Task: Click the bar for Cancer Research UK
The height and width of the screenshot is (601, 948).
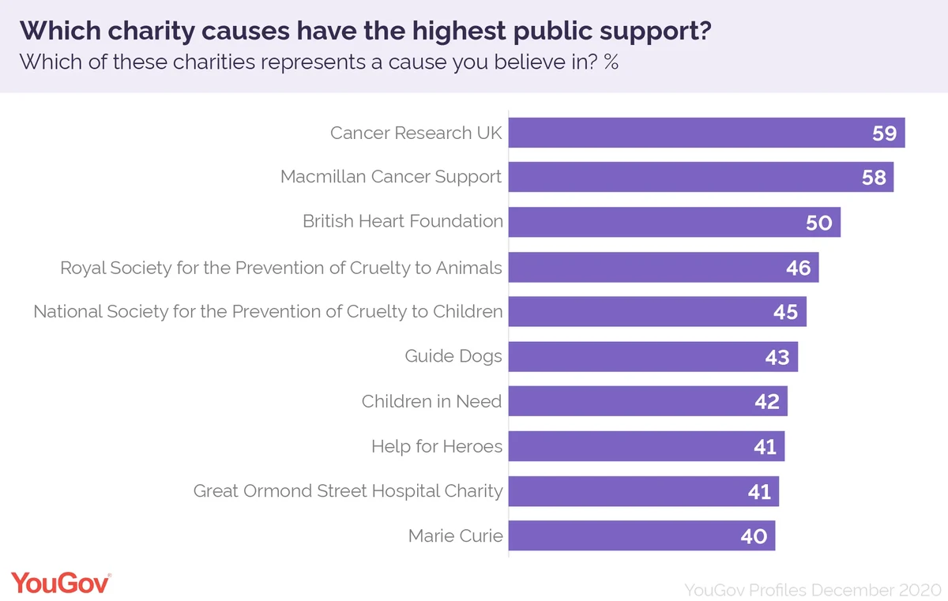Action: (707, 133)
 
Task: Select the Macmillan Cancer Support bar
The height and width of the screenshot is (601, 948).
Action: (702, 177)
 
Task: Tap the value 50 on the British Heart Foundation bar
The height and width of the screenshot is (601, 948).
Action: (819, 223)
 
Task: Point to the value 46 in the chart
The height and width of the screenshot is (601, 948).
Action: (799, 268)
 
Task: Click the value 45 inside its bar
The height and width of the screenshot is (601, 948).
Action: (786, 312)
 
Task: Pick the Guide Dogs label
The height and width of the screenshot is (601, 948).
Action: (453, 356)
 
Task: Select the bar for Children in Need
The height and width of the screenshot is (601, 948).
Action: (648, 401)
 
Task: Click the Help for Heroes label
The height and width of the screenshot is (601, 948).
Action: (437, 446)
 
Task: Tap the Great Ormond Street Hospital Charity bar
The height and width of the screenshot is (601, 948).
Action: (644, 491)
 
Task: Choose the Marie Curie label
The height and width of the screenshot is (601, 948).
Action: (455, 536)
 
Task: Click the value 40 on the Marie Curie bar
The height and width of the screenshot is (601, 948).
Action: (754, 536)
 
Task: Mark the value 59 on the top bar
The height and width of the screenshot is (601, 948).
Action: (885, 133)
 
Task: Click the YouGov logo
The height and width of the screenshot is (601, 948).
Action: (61, 584)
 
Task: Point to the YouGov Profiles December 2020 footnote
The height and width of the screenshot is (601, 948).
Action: (813, 590)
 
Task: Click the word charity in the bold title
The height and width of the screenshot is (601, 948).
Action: (151, 32)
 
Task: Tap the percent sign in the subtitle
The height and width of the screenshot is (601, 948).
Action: (611, 62)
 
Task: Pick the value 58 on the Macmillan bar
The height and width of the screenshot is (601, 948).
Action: (874, 177)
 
